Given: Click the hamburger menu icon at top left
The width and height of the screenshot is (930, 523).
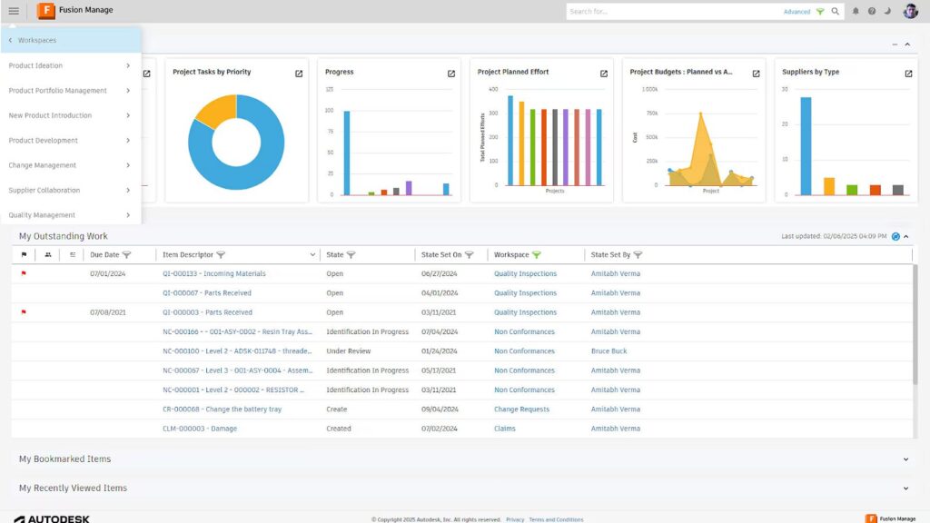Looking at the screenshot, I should click(x=14, y=11).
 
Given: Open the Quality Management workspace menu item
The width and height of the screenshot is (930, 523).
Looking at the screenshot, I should click(x=42, y=215).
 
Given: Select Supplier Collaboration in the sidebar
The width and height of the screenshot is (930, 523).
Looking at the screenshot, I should click(x=45, y=191).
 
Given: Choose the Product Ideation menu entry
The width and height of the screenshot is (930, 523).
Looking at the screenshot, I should click(x=36, y=65).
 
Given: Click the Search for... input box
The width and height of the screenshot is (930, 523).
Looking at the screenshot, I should click(x=672, y=12).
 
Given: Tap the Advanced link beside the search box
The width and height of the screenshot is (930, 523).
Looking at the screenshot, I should click(x=796, y=12).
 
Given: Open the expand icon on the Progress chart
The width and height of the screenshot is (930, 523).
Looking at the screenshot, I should click(x=451, y=74).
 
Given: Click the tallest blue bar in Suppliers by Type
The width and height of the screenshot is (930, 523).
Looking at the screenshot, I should click(x=806, y=145).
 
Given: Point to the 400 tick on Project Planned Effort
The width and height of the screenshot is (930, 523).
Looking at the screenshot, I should click(x=493, y=89).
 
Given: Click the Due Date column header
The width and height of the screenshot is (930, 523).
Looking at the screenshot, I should click(x=104, y=255).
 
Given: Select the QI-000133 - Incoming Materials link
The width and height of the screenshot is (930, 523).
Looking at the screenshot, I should click(x=214, y=273).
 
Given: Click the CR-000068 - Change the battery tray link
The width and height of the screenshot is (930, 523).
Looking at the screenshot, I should click(x=222, y=410).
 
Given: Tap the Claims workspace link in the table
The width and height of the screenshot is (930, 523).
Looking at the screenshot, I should click(x=505, y=429).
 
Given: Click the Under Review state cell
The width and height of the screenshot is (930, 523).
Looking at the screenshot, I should click(x=349, y=351).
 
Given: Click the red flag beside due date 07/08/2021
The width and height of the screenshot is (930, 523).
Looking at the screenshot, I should click(x=24, y=312).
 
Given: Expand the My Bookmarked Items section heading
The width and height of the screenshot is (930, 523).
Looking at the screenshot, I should click(x=65, y=459).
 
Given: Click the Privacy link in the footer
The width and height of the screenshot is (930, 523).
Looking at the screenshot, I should click(x=515, y=519).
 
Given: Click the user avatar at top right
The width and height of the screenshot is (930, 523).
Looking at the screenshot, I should click(x=910, y=11).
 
